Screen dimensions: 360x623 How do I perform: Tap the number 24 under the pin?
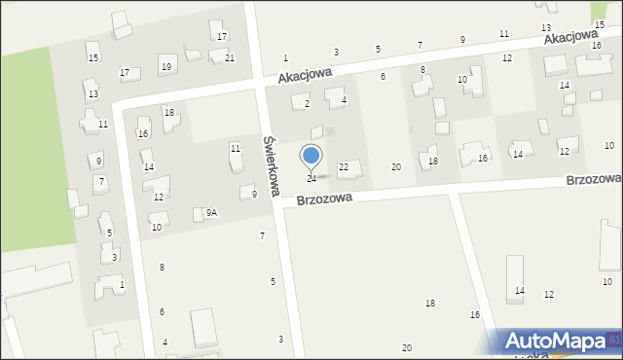[311, 179]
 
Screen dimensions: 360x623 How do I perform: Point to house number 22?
[344, 167]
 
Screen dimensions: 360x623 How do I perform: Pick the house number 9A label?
[211, 212]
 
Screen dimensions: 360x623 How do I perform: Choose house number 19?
[166, 66]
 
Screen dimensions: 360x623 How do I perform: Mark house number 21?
[230, 58]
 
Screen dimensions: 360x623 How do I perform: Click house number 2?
[307, 103]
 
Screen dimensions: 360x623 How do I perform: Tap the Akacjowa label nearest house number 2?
[305, 74]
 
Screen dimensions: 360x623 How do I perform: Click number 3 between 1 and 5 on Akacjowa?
[337, 52]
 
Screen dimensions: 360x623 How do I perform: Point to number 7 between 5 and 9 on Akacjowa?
[420, 46]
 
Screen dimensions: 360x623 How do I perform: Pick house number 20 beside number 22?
[396, 167]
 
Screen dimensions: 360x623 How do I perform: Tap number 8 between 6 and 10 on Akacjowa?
[422, 70]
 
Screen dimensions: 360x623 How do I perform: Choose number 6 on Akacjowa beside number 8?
[383, 76]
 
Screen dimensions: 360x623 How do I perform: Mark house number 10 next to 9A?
[156, 228]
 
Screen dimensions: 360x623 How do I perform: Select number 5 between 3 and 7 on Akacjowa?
[378, 49]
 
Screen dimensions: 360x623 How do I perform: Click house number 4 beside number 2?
[344, 100]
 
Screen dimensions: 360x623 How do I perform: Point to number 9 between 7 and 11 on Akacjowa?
[462, 40]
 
